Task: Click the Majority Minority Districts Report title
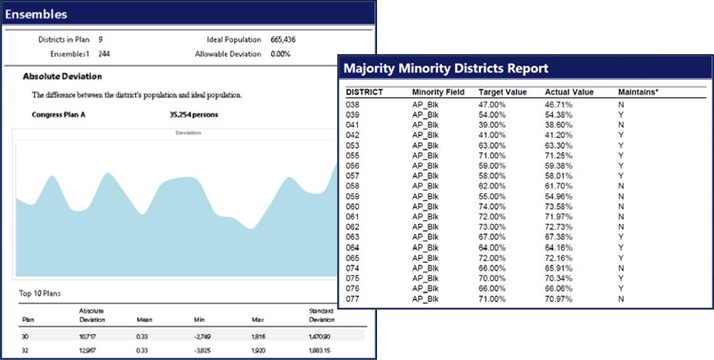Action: tap(446, 69)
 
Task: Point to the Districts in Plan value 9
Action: tap(101, 40)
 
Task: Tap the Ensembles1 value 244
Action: tap(105, 54)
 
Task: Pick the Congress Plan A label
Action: tap(62, 114)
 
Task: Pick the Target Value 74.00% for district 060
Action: tap(491, 205)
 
